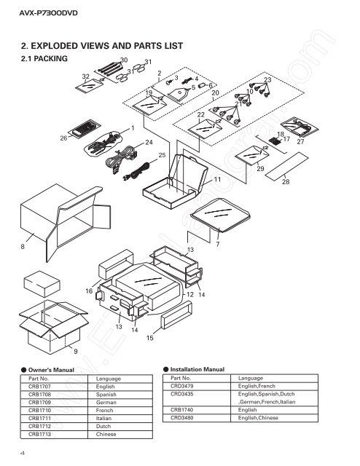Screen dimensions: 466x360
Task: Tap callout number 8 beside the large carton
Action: click(x=23, y=248)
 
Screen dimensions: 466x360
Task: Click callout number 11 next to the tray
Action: click(x=217, y=178)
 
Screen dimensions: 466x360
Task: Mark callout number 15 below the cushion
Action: click(x=150, y=339)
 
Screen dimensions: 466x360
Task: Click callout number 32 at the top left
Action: click(x=85, y=76)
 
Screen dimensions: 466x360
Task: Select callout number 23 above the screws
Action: click(x=267, y=79)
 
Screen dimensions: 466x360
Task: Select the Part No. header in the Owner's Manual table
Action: click(x=39, y=379)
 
